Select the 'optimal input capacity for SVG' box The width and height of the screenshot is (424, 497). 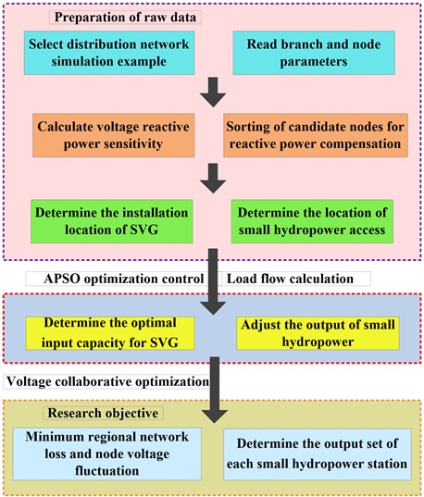pos(110,332)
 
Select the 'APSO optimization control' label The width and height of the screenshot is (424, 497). pos(122,278)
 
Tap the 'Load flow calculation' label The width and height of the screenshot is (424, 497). pos(297,278)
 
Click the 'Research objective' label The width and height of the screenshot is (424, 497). pos(98,412)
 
